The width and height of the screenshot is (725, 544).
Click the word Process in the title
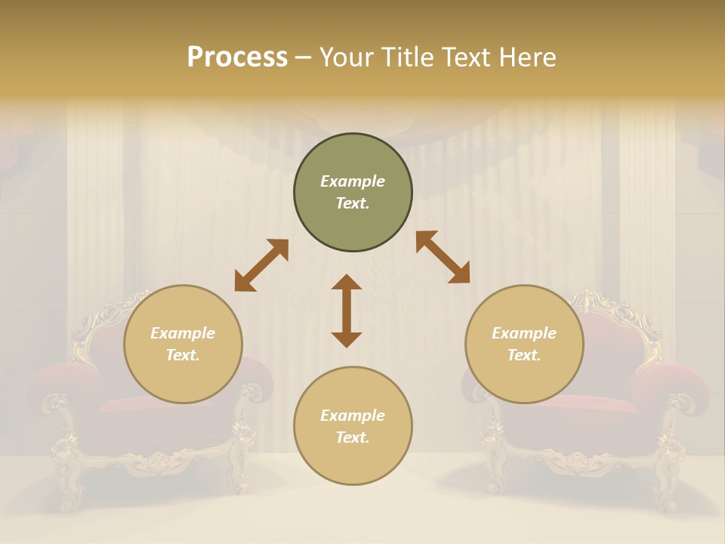237,57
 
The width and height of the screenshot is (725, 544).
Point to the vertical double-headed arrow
347,311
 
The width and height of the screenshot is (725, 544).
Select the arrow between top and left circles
261,265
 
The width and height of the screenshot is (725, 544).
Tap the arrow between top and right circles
443,257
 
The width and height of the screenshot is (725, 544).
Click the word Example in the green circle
353,181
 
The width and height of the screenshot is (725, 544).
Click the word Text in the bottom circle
351,437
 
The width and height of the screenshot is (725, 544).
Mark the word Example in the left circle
183,333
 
